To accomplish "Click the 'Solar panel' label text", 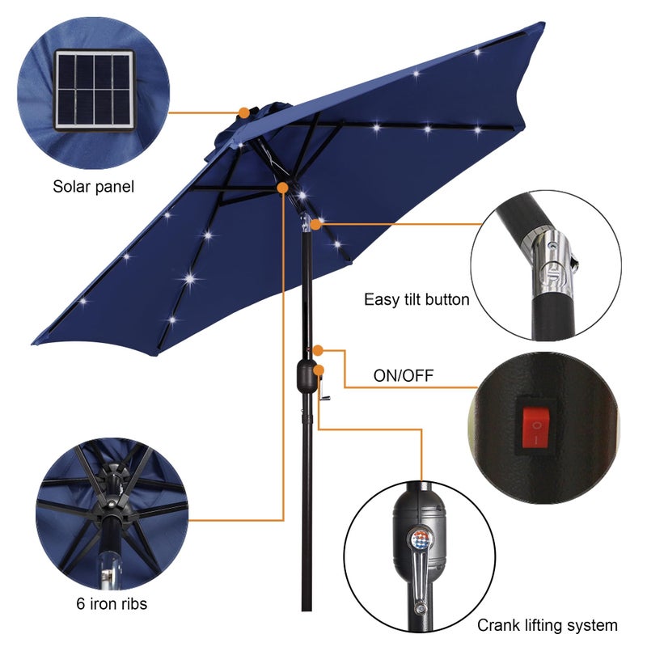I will coord(93,187).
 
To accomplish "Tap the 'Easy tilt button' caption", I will coord(417,300).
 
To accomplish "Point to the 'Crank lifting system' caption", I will coord(547,625).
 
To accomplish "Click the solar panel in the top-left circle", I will coord(94,89).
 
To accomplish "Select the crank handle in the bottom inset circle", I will coord(418,574).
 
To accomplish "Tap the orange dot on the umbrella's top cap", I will coord(243,112).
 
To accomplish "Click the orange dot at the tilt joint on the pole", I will coord(315,222).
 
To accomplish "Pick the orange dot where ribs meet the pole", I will coord(283,188).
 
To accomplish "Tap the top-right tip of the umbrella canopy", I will coord(540,25).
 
